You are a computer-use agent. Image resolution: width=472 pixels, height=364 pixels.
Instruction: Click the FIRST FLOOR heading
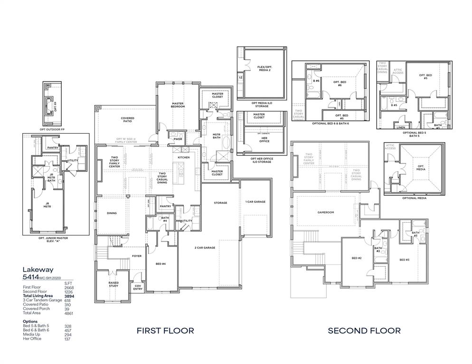165,330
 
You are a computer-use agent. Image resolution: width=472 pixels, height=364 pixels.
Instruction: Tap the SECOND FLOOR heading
364,330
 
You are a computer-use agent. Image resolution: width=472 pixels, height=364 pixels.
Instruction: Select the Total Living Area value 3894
68,296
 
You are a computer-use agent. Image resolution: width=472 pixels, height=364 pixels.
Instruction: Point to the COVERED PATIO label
127,119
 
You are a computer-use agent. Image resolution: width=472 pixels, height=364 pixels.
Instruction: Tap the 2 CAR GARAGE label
205,247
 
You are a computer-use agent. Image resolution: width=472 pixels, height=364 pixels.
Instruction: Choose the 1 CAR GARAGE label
256,202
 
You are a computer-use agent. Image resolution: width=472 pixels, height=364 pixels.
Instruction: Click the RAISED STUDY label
113,283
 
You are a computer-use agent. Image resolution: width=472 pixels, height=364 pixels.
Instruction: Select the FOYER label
137,256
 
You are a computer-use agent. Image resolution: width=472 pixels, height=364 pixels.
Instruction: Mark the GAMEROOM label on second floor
326,212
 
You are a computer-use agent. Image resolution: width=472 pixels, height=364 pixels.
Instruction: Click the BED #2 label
357,258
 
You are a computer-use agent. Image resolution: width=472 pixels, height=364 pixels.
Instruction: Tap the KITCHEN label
184,157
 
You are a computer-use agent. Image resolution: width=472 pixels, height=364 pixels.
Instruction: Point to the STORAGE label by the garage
220,203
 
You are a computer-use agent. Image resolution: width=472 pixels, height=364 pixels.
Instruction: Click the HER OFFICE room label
264,140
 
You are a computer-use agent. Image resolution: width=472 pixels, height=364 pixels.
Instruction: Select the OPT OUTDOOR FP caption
51,129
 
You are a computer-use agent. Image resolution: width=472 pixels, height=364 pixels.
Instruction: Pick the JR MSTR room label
47,206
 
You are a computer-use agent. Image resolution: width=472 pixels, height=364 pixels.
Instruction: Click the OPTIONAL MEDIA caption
415,198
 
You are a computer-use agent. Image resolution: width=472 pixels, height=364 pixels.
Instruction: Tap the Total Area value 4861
68,313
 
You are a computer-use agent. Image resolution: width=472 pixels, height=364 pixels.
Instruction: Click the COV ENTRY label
138,288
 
